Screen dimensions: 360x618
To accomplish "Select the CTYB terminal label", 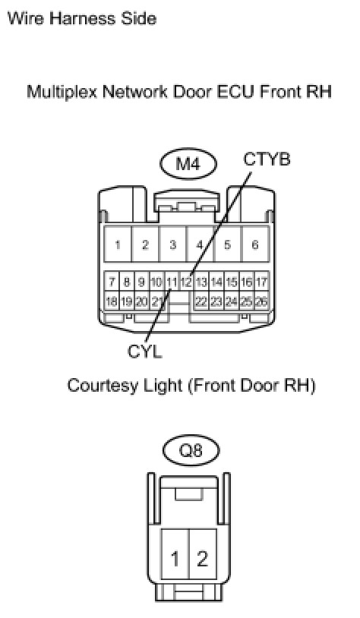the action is [x=267, y=159].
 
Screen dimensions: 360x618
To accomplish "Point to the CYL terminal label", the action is [x=145, y=351].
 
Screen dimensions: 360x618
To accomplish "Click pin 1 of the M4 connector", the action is [x=118, y=244].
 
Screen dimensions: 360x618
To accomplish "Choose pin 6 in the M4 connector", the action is [x=255, y=244].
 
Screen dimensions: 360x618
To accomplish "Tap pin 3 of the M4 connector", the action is [x=172, y=244].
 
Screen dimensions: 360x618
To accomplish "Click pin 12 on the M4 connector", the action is [x=186, y=282].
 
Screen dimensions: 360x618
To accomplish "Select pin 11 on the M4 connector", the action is [x=172, y=282].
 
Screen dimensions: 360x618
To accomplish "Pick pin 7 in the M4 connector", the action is [x=112, y=282].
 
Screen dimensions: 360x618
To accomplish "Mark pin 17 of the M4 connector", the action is [x=261, y=282].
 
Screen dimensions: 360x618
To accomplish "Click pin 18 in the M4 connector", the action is [x=112, y=301].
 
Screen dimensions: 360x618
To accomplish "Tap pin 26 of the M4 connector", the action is [x=261, y=301].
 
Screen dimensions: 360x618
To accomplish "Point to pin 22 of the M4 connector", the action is [x=201, y=301].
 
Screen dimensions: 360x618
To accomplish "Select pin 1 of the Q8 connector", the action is [x=175, y=558].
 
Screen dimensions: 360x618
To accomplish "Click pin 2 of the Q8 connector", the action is [x=203, y=558].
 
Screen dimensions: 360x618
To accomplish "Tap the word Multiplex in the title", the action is [x=62, y=92].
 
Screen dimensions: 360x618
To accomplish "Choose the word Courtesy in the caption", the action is [x=102, y=385].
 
